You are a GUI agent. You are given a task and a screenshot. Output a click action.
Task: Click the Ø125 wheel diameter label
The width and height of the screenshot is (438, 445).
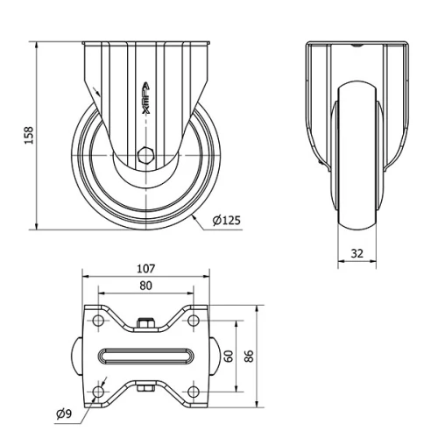coord(226,221)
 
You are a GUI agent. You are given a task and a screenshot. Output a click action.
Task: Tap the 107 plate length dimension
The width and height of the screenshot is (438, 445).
coord(145,268)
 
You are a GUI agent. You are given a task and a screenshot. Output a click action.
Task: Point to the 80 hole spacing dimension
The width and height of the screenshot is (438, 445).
coord(145,285)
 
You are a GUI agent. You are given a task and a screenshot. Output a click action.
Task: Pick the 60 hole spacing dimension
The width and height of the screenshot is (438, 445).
coord(228,357)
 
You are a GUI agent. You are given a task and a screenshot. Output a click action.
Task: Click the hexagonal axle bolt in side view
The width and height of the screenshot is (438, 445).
coord(145,159)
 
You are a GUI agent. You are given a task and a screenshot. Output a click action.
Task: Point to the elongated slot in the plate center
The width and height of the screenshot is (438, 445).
coord(145,357)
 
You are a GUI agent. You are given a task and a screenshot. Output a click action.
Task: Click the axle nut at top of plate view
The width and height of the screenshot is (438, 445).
coord(145,325)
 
